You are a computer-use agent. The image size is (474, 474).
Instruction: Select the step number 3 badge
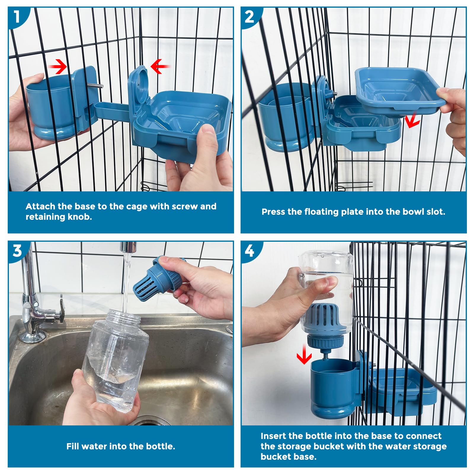[x=17, y=251]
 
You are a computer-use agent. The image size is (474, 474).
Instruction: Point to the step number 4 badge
[x=249, y=251]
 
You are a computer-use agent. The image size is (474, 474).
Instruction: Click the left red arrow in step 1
[x=58, y=66]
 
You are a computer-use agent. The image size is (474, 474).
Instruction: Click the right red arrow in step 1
[x=160, y=66]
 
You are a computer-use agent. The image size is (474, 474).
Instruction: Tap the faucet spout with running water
[x=128, y=247]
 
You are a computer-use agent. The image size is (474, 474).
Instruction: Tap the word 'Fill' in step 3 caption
[x=73, y=446]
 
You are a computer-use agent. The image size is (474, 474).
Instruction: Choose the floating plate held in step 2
[x=400, y=90]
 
